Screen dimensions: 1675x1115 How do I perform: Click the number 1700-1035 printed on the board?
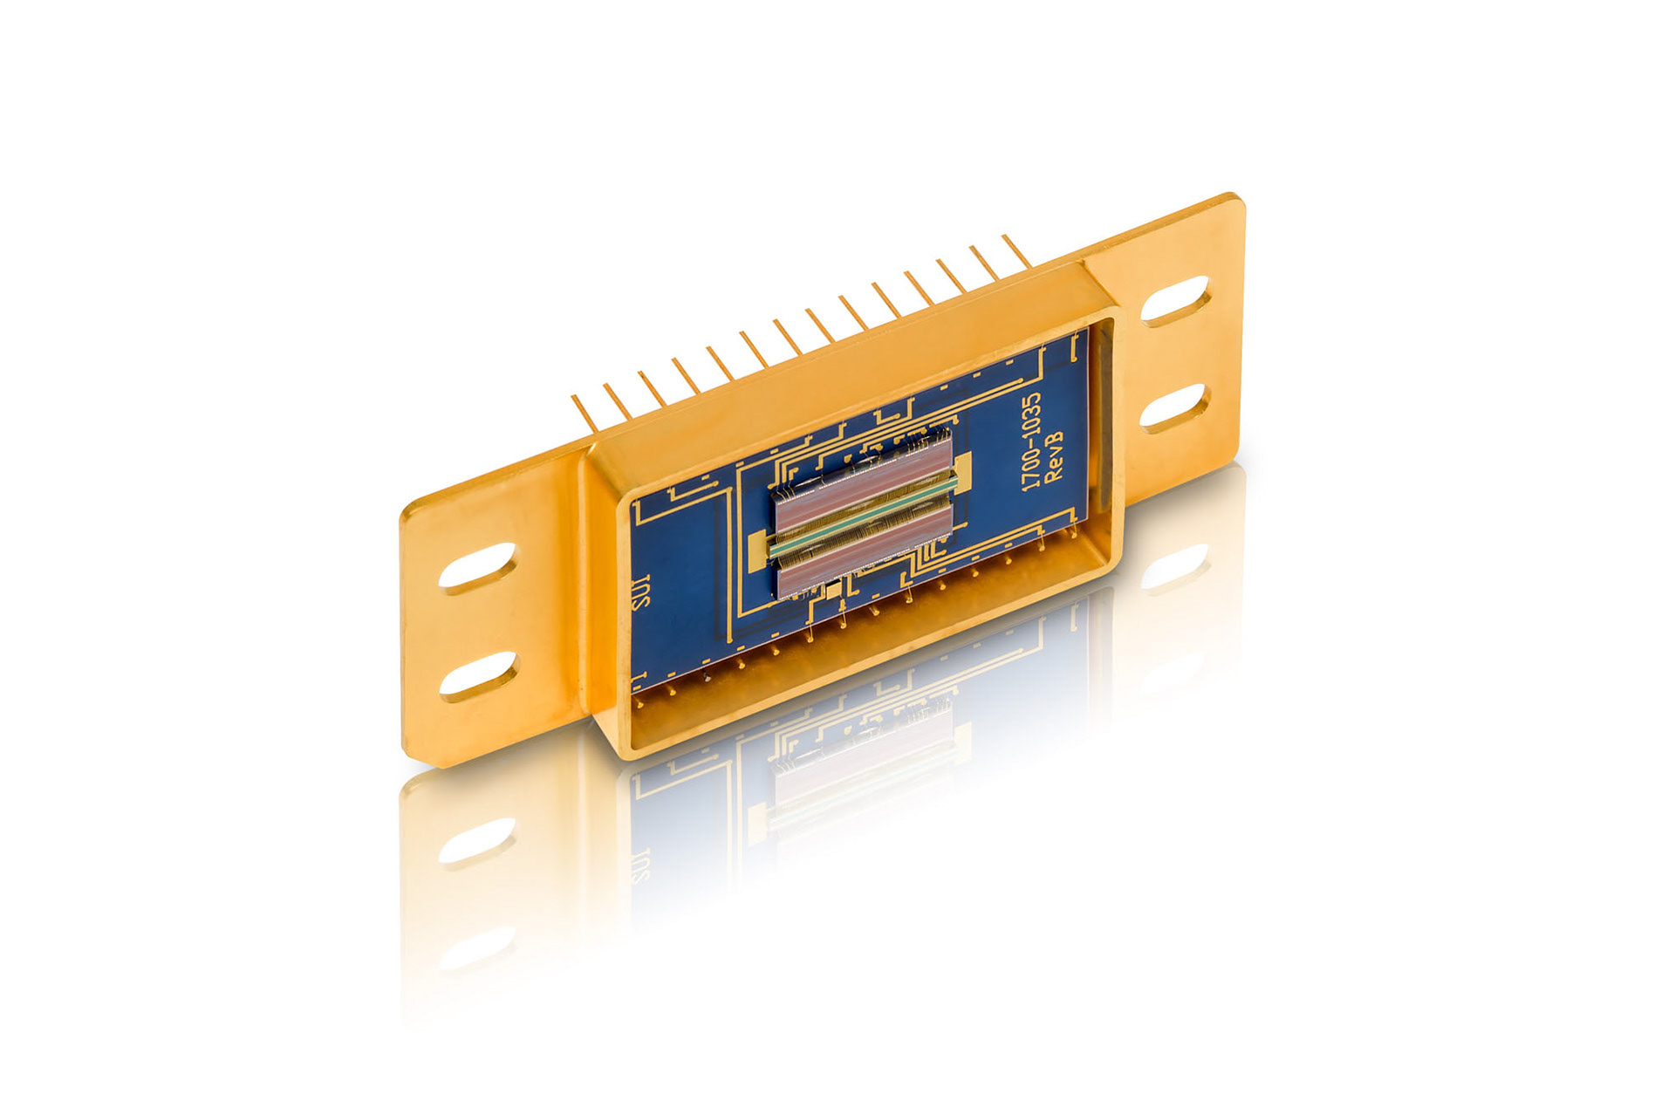click(1031, 441)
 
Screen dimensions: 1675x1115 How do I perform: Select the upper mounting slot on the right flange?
click(1174, 301)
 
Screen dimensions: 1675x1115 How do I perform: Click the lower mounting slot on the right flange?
click(1174, 408)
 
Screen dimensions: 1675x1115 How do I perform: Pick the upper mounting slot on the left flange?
click(477, 569)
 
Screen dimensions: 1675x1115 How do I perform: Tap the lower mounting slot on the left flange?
click(477, 677)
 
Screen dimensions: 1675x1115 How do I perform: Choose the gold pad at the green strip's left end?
click(756, 547)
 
